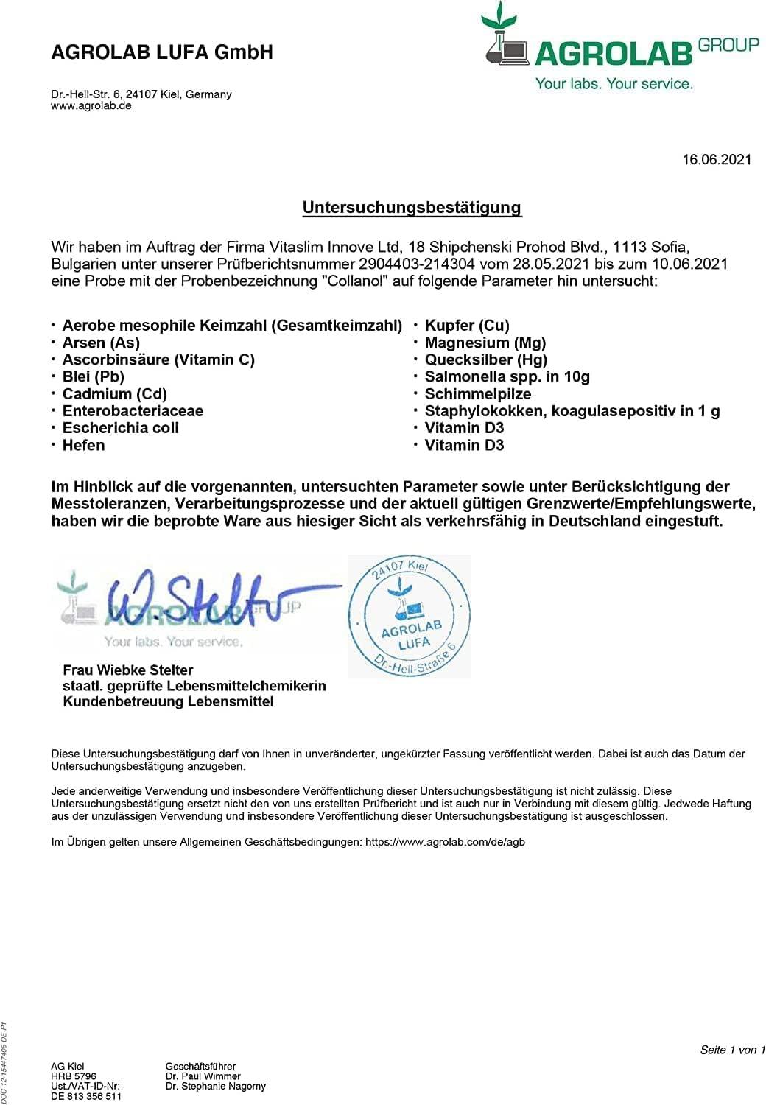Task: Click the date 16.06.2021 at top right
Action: (716, 159)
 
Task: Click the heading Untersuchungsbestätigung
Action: (412, 208)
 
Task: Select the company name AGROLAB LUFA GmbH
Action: (162, 52)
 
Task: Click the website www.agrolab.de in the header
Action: (91, 105)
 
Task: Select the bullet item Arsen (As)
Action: (101, 343)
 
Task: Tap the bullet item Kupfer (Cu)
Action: (467, 326)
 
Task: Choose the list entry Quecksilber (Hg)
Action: (486, 359)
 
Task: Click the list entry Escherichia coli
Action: (121, 428)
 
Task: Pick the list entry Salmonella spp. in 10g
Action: (507, 376)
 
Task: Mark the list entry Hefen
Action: (83, 445)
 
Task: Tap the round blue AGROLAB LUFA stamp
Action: (410, 617)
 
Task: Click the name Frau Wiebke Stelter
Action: (128, 670)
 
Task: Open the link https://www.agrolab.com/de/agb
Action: (445, 841)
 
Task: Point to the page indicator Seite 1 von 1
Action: (732, 1050)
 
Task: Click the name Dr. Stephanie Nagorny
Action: (216, 1086)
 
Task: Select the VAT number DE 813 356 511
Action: (86, 1096)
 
